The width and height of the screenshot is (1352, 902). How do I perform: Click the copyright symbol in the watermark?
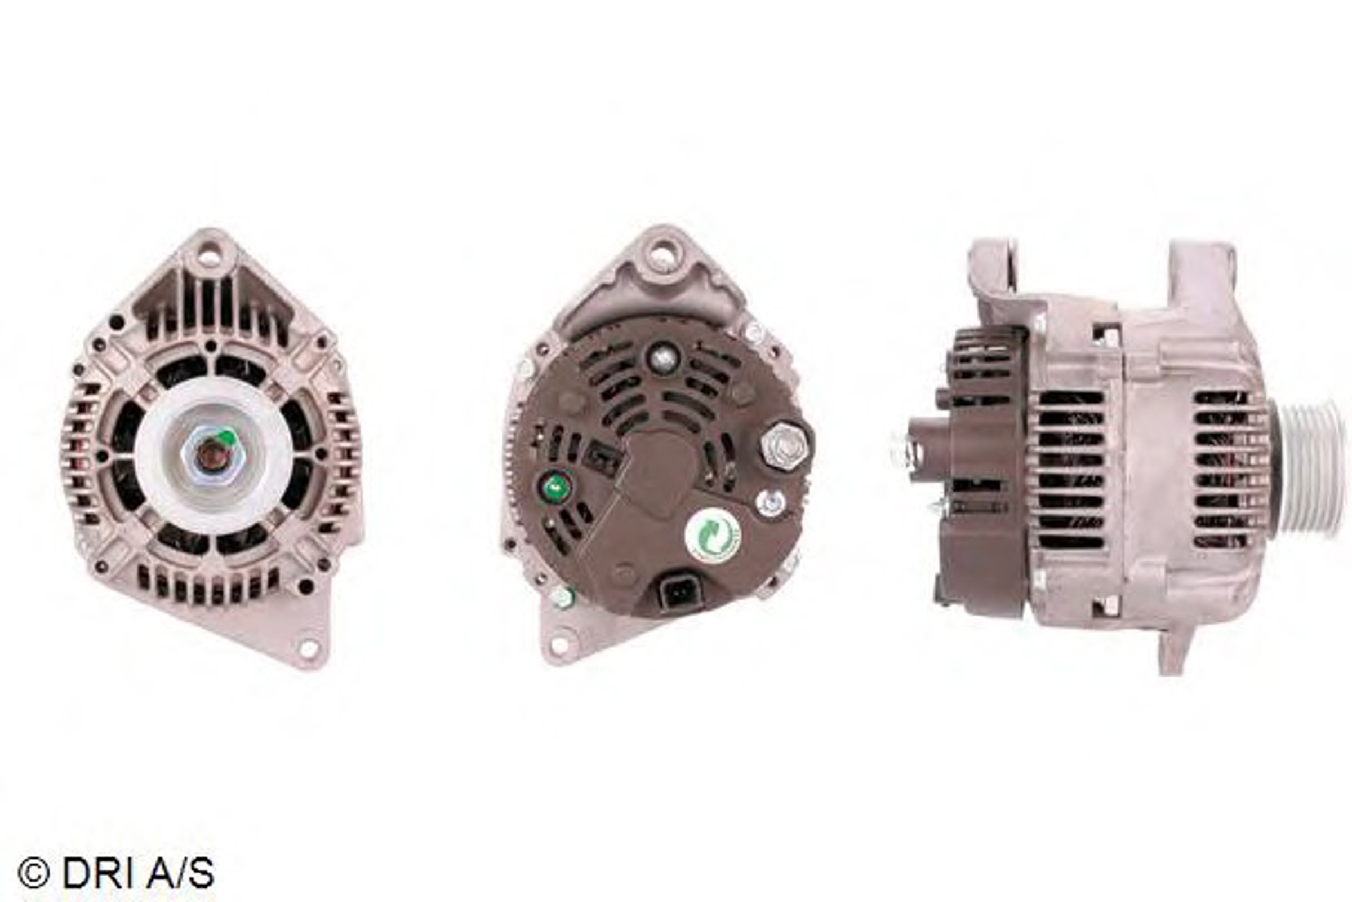click(x=33, y=873)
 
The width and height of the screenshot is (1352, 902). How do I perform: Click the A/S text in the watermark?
click(x=176, y=873)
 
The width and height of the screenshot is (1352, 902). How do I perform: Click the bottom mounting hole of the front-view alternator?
click(x=309, y=648)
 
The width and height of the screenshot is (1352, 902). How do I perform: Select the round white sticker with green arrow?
click(x=713, y=537)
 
